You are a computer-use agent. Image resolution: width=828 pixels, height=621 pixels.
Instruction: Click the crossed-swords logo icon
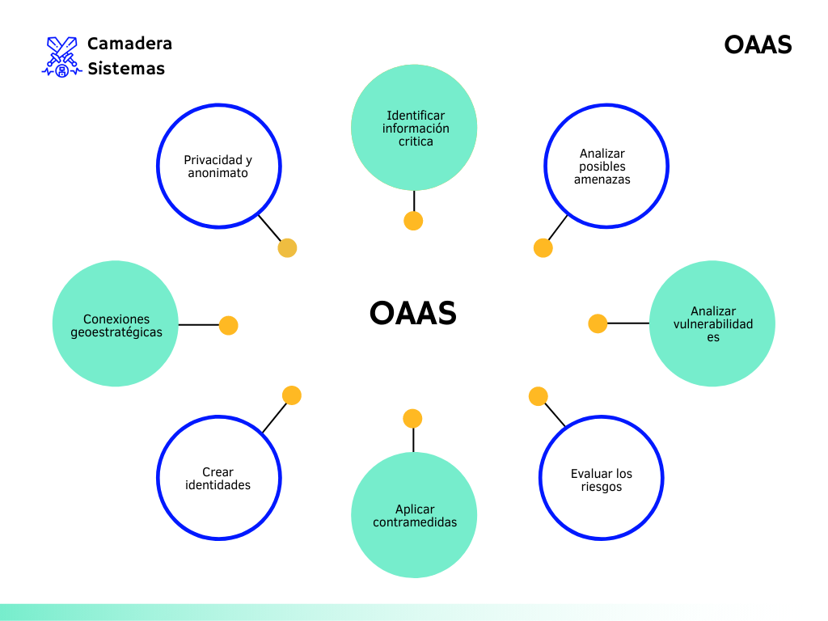(61, 56)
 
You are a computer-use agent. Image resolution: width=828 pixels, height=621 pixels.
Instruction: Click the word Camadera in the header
(129, 44)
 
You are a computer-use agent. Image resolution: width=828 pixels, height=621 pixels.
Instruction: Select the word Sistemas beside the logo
(126, 69)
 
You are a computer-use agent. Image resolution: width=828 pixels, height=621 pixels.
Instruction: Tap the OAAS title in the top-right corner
(758, 44)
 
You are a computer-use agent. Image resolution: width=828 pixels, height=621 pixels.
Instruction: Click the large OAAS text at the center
(413, 313)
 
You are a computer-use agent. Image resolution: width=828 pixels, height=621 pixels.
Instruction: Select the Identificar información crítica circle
(414, 127)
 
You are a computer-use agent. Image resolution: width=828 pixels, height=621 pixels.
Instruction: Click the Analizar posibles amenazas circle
(607, 167)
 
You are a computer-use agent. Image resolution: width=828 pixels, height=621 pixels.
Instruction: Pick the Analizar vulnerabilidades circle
(712, 323)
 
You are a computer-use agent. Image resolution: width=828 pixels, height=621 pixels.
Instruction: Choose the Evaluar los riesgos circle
(601, 479)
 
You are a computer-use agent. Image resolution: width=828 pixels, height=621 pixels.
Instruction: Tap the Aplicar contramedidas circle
(414, 515)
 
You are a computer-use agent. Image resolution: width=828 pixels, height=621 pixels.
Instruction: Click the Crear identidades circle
(218, 479)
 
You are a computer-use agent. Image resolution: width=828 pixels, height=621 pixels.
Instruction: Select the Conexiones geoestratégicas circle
(116, 324)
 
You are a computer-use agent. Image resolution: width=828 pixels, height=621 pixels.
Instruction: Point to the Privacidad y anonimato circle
(218, 167)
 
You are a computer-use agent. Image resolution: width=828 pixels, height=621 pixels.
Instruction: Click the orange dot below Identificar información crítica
(413, 221)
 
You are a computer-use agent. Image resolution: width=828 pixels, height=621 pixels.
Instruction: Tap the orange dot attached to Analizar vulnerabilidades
(598, 323)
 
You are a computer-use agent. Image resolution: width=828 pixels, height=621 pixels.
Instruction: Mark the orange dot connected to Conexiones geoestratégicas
(229, 325)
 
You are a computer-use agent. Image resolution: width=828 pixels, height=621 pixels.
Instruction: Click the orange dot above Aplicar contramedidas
(412, 419)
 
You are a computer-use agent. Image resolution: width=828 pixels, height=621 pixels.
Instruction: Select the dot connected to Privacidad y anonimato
(287, 248)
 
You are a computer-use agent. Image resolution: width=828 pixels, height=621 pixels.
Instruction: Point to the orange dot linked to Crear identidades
(292, 395)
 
